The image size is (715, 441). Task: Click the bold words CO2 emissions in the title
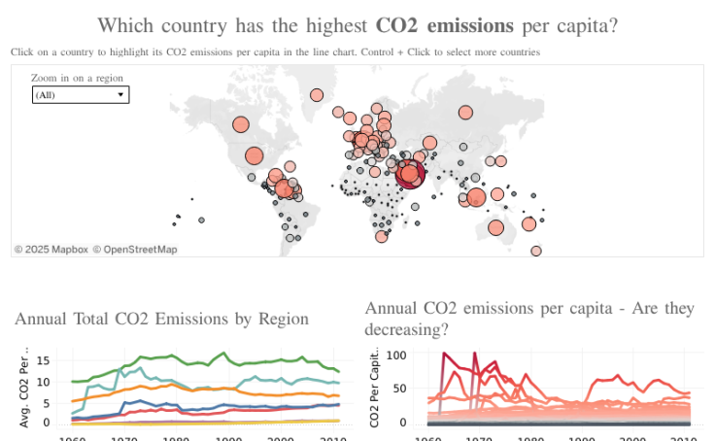point(445,25)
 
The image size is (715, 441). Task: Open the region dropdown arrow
point(120,94)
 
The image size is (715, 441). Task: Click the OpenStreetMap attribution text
point(135,250)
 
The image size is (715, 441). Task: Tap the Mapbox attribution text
point(51,250)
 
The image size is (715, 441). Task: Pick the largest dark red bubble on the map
point(411,175)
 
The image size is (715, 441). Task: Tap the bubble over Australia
point(496,227)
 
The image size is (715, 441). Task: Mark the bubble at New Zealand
point(536,251)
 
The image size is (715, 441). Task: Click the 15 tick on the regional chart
point(43,360)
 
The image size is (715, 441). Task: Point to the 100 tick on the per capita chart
point(395,356)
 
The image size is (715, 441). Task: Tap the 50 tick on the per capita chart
point(398,389)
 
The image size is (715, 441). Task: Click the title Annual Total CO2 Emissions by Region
point(162,319)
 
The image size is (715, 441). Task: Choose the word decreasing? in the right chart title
point(407,329)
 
